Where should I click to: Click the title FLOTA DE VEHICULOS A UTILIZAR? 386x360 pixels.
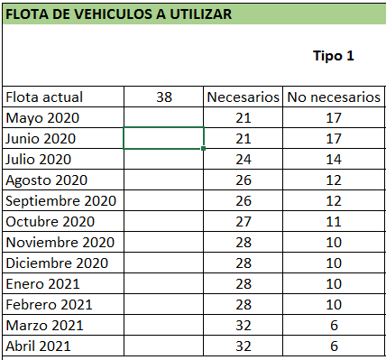117,15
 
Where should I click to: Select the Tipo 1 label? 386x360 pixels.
333,56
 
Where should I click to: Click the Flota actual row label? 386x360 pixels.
44,97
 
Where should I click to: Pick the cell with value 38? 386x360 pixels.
163,97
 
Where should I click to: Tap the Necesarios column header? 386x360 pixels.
244,97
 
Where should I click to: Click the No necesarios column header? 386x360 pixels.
333,97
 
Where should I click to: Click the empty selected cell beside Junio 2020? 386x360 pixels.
163,139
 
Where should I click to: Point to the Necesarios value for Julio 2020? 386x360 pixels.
244,160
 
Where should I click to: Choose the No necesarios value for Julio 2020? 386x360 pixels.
333,160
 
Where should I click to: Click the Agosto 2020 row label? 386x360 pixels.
47,180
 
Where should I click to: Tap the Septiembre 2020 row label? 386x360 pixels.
61,201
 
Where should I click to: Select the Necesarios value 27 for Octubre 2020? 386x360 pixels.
244,222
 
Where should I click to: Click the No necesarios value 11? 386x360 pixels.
333,222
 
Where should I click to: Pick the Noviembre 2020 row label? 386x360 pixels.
60,243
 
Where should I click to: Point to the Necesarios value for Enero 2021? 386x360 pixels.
244,284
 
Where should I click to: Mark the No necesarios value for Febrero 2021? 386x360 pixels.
333,305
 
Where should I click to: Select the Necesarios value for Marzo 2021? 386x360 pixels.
244,326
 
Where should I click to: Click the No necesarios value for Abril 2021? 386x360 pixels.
333,346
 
